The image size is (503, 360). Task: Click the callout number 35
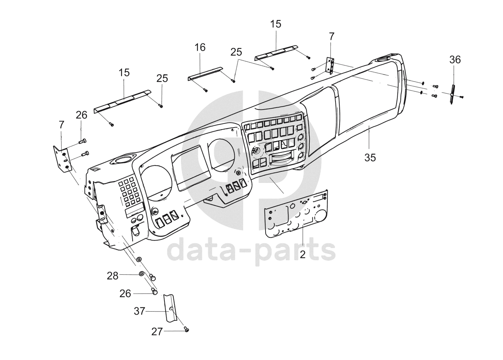(370, 157)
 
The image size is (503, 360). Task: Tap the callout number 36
(455, 60)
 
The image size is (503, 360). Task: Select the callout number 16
(200, 47)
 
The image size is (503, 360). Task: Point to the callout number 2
(302, 254)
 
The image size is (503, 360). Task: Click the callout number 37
(139, 311)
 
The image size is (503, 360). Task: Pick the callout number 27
(157, 332)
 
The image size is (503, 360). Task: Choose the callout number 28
(113, 275)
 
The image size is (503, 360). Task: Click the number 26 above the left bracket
(81, 115)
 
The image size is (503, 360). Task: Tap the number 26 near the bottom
(125, 294)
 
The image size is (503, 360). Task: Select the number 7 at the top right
(332, 36)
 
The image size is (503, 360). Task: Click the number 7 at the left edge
(61, 124)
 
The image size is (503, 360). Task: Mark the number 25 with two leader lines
(237, 52)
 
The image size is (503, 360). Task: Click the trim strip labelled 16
(205, 73)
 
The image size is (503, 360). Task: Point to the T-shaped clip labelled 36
(453, 94)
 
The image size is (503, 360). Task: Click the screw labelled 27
(187, 329)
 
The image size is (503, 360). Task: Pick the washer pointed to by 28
(141, 274)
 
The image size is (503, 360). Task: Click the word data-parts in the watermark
(252, 250)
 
